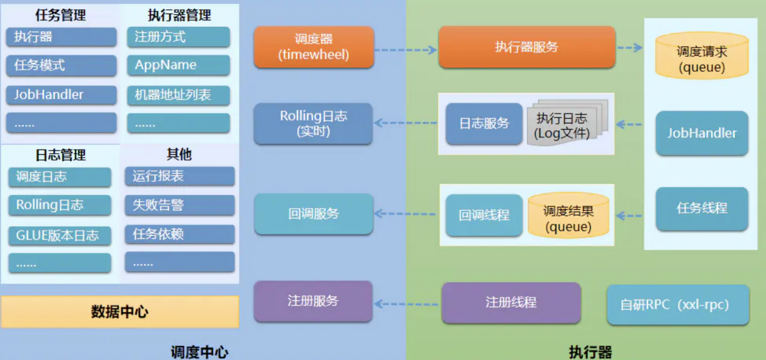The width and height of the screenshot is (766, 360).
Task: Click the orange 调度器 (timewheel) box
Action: [x=313, y=47]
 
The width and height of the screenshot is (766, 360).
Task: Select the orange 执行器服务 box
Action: [x=526, y=47]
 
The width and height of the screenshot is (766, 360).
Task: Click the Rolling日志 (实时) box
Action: [x=313, y=123]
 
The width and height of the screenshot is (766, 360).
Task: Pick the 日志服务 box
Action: [x=484, y=123]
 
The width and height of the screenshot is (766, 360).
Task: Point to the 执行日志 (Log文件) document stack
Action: [x=564, y=124]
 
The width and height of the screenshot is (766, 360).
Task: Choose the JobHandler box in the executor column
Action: [x=702, y=133]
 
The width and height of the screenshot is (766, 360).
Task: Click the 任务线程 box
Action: [x=702, y=209]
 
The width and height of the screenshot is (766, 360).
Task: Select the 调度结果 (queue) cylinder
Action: [x=568, y=216]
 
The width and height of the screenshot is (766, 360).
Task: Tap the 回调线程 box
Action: [x=484, y=215]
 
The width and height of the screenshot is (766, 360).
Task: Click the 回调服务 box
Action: [x=313, y=214]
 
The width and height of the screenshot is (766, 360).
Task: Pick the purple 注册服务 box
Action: [x=313, y=301]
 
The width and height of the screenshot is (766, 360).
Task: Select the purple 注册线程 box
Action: [x=510, y=303]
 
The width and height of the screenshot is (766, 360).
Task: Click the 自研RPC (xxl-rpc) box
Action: [x=678, y=305]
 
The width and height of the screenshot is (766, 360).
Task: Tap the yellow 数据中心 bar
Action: [x=120, y=311]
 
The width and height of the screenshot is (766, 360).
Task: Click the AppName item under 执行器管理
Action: [x=178, y=65]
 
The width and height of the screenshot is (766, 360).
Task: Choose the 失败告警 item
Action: [x=180, y=205]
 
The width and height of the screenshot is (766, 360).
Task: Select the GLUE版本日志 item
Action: [x=60, y=236]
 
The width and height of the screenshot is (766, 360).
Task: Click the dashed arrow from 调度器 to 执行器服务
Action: [x=405, y=50]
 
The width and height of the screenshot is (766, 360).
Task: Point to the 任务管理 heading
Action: [x=61, y=15]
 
